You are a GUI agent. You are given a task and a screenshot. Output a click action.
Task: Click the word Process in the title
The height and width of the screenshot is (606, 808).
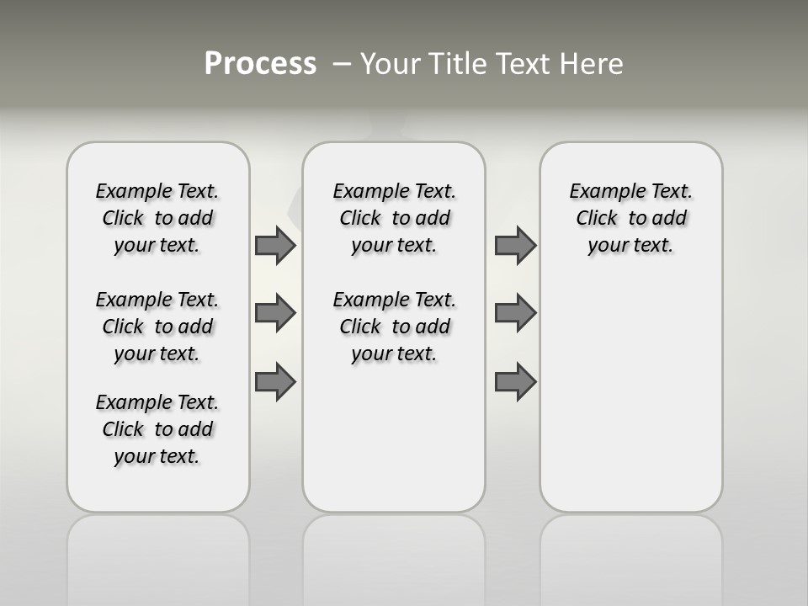260,63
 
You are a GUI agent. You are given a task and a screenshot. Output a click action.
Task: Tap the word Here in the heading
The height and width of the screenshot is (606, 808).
591,64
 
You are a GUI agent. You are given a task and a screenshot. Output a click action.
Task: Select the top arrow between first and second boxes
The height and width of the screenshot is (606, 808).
275,246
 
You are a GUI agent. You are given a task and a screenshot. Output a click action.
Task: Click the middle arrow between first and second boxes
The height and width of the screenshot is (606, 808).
275,313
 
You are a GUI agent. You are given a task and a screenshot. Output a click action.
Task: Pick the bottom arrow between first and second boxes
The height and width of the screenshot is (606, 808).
275,381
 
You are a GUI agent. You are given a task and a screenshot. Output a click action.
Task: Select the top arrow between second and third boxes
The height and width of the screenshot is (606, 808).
515,246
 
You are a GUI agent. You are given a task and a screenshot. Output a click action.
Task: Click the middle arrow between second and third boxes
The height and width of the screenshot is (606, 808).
515,313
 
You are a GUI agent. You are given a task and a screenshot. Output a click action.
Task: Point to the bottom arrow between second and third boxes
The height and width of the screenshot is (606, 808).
515,381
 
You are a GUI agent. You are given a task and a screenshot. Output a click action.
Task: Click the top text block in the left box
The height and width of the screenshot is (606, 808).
157,218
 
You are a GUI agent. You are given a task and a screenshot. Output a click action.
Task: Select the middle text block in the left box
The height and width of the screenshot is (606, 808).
157,327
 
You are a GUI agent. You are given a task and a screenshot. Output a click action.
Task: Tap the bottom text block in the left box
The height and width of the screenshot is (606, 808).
157,429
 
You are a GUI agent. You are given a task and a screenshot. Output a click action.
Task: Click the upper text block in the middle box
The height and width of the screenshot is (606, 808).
395,218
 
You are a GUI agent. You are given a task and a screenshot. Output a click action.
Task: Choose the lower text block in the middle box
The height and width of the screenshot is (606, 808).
395,327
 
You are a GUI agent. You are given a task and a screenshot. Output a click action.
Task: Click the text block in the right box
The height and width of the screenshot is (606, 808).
631,218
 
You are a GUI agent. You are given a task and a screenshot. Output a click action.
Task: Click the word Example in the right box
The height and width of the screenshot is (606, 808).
600,192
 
